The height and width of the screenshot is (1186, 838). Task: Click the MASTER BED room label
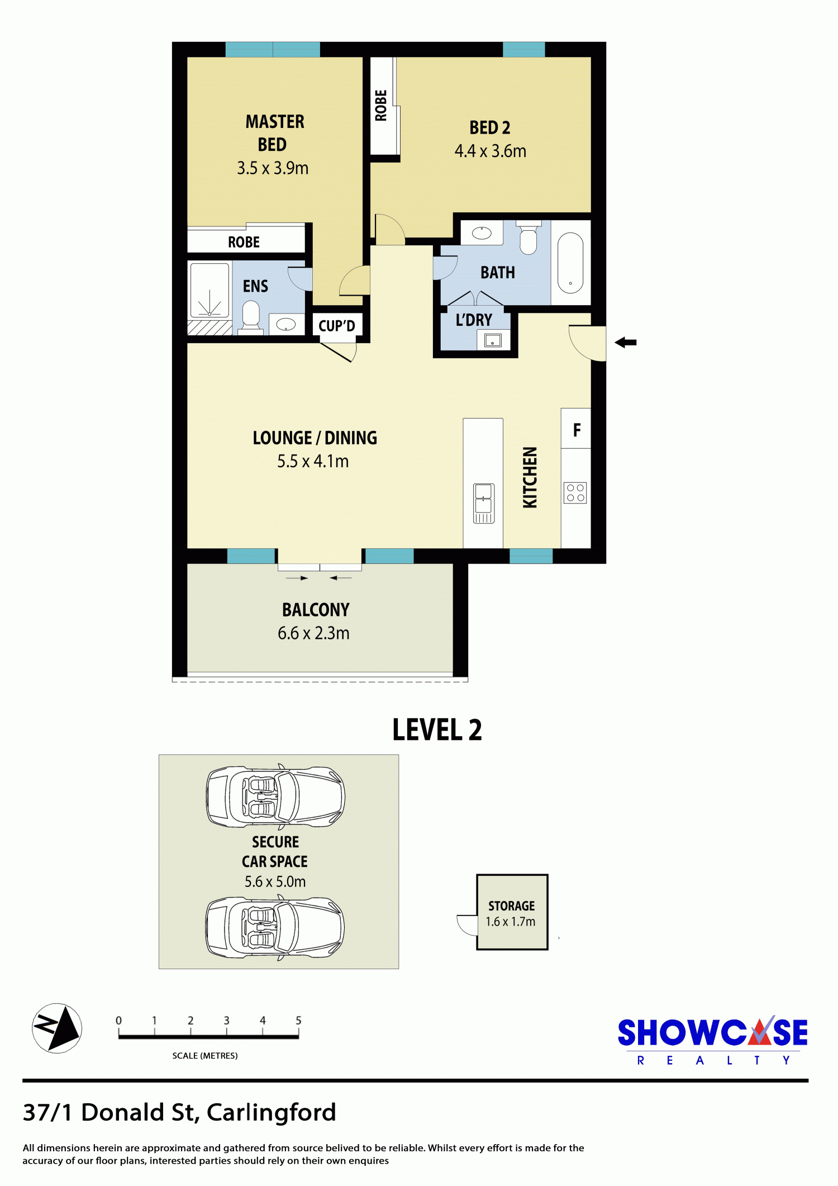(x=275, y=133)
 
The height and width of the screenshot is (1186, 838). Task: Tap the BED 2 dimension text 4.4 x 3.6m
(x=490, y=151)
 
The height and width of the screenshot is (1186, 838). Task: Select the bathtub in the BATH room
(x=570, y=262)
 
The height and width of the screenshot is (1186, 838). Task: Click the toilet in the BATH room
(x=528, y=238)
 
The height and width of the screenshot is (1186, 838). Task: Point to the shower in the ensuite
(x=210, y=291)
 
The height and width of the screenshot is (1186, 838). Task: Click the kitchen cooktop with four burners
(x=575, y=492)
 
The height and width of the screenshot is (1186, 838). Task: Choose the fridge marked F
(x=576, y=429)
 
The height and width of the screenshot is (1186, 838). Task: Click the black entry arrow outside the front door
(x=626, y=343)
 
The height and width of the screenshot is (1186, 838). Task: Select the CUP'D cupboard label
(x=337, y=326)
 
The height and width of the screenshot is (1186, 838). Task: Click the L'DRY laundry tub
(x=493, y=339)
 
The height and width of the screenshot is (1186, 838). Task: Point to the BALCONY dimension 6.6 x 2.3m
(x=313, y=633)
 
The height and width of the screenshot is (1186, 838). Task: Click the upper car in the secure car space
(x=275, y=796)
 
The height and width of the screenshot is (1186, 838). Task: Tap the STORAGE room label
(x=511, y=906)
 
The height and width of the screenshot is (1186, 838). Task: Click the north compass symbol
(x=57, y=1028)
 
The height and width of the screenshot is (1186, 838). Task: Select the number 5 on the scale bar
(x=298, y=1020)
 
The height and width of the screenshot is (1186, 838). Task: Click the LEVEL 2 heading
(x=437, y=730)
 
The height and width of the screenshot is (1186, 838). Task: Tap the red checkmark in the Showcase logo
(x=761, y=1032)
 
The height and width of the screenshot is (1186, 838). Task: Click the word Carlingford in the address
(x=272, y=1113)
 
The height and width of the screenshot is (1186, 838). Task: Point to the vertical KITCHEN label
(x=530, y=477)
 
